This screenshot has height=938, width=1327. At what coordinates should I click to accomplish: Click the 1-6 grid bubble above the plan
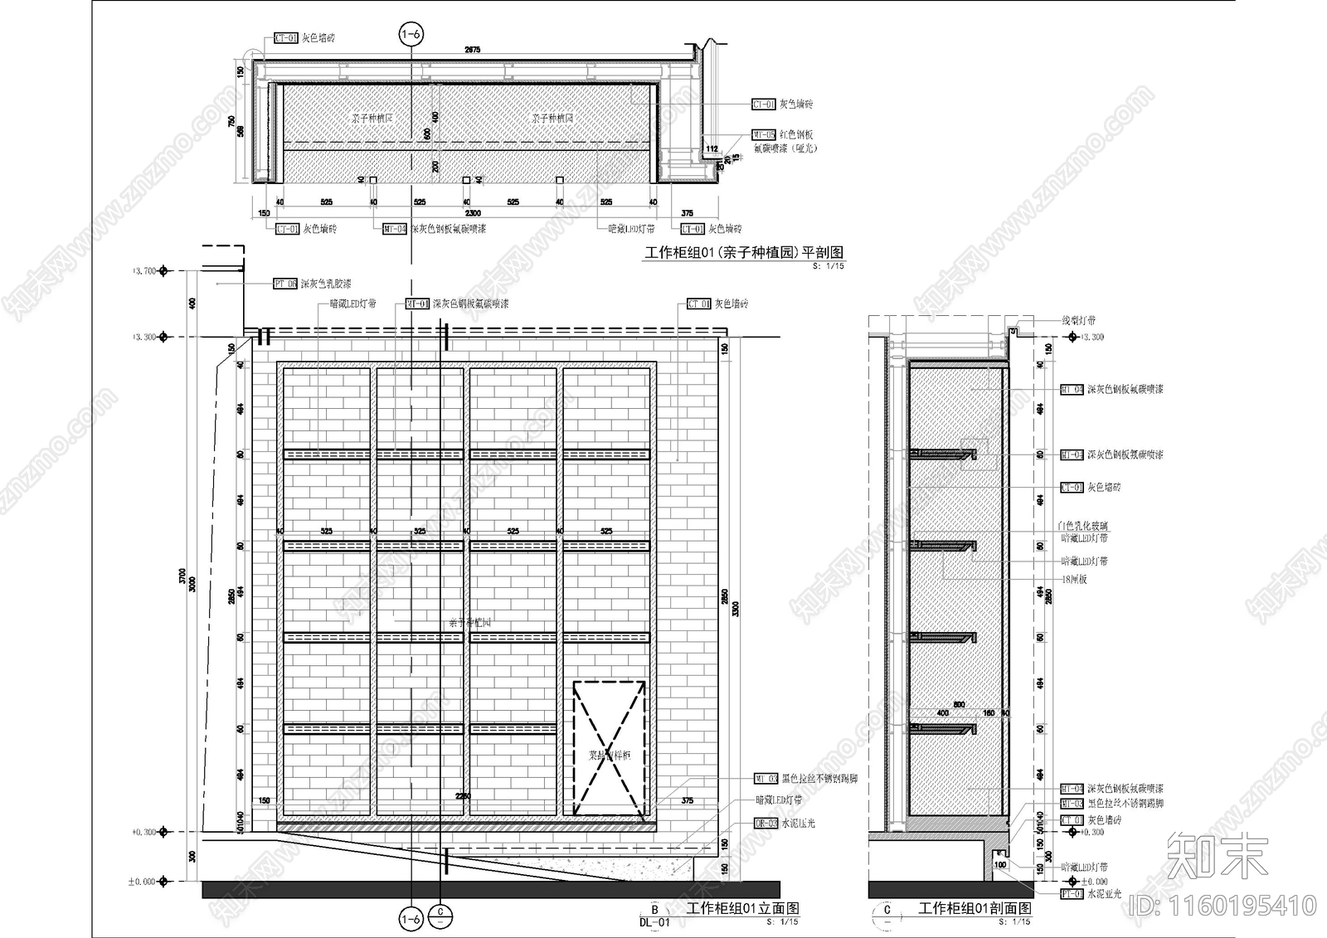click(x=411, y=34)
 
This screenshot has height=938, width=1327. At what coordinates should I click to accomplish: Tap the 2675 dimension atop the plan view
click(x=472, y=51)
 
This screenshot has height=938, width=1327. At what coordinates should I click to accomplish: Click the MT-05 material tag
click(x=763, y=134)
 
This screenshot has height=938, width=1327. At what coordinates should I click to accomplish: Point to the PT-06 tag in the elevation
click(x=284, y=284)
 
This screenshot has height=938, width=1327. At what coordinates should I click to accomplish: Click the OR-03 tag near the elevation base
click(x=766, y=824)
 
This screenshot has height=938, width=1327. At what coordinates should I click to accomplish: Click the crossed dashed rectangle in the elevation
click(x=609, y=748)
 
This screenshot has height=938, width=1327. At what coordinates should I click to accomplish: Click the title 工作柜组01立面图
click(x=743, y=908)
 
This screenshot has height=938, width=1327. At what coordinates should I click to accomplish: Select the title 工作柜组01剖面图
click(x=975, y=909)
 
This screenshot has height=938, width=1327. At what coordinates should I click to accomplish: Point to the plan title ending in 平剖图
click(x=744, y=252)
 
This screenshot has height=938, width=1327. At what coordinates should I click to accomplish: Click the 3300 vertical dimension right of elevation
click(x=736, y=609)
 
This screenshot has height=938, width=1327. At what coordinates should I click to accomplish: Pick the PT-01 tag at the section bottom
click(x=1072, y=894)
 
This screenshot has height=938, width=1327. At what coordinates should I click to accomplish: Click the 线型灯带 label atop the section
click(x=1078, y=320)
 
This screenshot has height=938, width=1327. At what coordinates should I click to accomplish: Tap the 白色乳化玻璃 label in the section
click(x=1082, y=526)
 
